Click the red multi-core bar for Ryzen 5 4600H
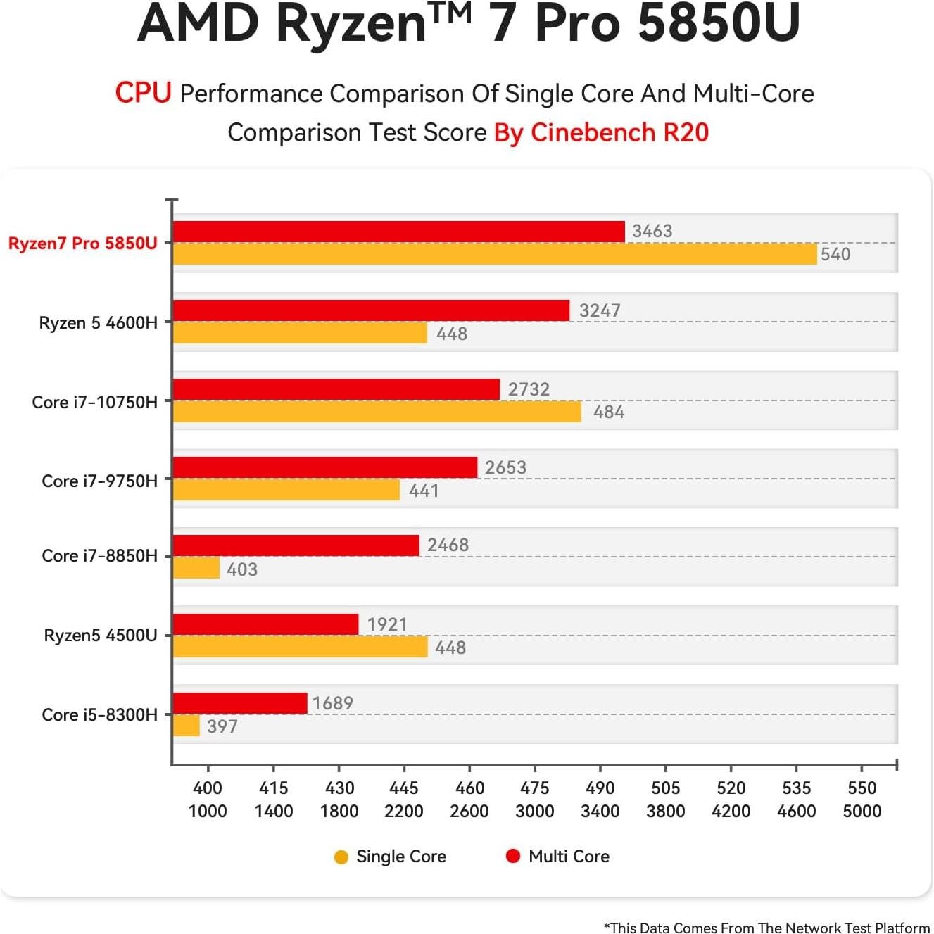pos(371,310)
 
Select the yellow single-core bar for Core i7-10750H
pos(377,412)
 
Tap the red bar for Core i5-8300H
pos(240,703)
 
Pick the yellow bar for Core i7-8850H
pos(196,568)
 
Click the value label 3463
pos(652,231)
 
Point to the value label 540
pos(835,254)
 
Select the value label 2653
pos(505,467)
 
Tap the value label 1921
pos(387,624)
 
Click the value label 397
pos(222,726)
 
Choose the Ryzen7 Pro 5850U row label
pos(83,244)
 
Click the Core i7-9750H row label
pos(99,481)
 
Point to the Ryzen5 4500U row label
pos(101,636)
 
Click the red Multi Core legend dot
pos(513,856)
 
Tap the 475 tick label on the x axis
pos(535,788)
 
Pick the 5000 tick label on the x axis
pos(862,812)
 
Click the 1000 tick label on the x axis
pos(208,812)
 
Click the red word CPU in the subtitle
pos(143,93)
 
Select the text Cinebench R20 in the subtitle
pos(619,132)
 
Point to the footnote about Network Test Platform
pos(766,928)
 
